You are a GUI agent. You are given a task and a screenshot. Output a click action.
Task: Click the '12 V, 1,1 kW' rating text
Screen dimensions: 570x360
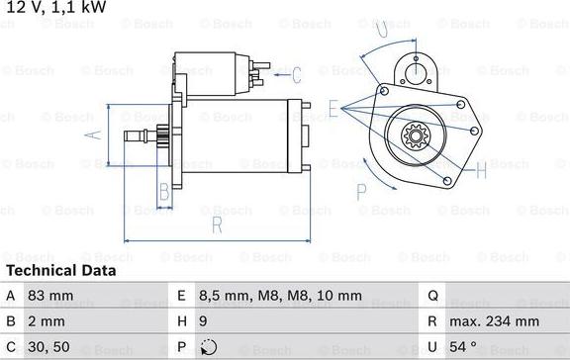[x=56, y=7]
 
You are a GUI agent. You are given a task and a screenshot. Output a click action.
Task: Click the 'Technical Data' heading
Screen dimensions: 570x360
[x=61, y=271]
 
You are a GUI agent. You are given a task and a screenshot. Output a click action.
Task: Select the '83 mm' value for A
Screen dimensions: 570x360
[x=50, y=296]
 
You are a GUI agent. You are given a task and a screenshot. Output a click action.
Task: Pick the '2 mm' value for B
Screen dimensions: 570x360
[x=47, y=321]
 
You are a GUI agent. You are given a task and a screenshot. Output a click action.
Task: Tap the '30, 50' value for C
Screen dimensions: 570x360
[x=48, y=346]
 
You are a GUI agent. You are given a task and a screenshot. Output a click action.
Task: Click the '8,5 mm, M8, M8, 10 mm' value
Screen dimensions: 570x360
[x=280, y=296]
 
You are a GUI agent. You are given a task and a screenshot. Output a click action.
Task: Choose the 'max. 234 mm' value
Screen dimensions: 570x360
[x=494, y=321]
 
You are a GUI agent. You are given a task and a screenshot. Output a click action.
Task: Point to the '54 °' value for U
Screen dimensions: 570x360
[x=463, y=346]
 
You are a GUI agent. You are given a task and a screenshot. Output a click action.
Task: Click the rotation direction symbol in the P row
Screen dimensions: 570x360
[x=208, y=347]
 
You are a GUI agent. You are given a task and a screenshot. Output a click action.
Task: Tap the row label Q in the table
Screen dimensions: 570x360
[x=432, y=296]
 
